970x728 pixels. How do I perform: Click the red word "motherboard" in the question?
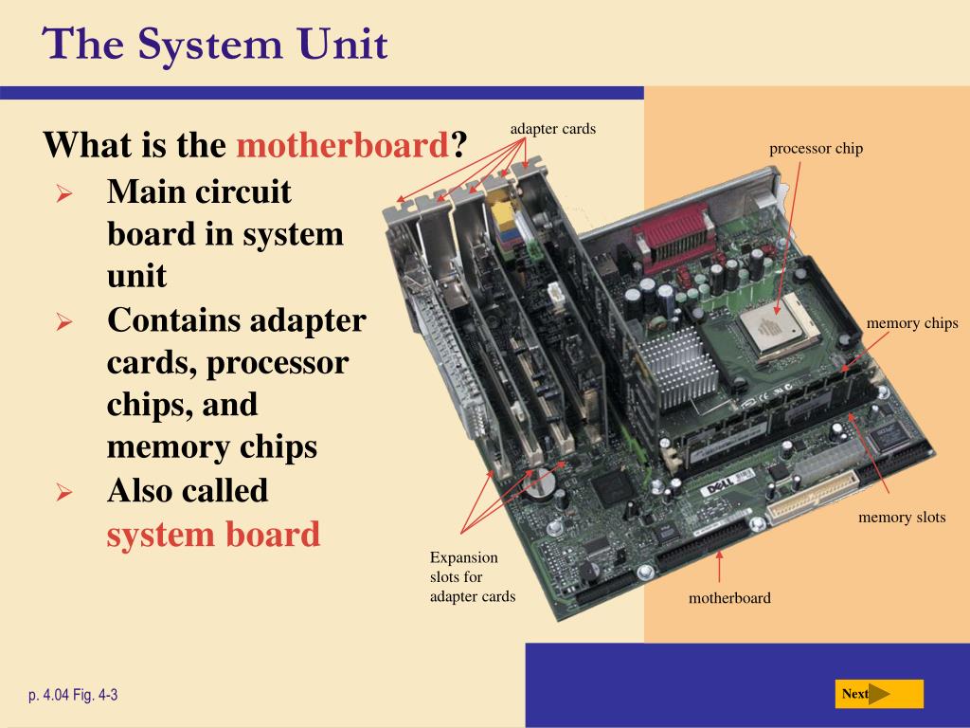(342, 146)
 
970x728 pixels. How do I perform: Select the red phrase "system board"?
(213, 534)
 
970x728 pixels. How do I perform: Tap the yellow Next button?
(878, 694)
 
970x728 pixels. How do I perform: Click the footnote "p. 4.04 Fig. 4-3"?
(73, 695)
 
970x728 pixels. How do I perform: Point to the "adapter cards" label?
(552, 129)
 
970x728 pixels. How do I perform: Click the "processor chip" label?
(816, 149)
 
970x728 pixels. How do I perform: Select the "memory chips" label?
(911, 324)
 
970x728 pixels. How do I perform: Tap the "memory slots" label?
(902, 518)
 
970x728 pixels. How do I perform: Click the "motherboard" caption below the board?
(729, 598)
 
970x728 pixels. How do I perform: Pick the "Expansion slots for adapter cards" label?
(472, 576)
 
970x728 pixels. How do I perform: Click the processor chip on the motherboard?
(766, 333)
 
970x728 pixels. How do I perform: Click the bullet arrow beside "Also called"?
(64, 492)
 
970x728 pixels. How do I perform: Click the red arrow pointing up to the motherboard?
(720, 567)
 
